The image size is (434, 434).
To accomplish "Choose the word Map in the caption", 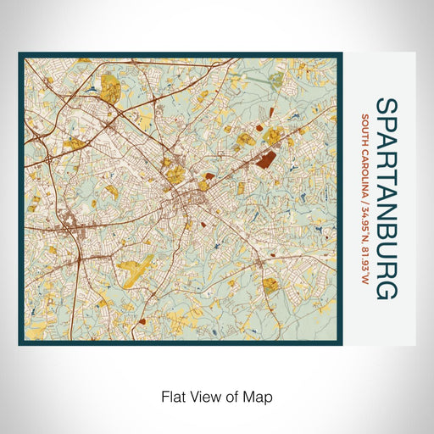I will coord(256,396).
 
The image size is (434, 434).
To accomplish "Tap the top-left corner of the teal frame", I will coord(20,55).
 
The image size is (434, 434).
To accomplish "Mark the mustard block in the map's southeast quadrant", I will coord(270,286).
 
